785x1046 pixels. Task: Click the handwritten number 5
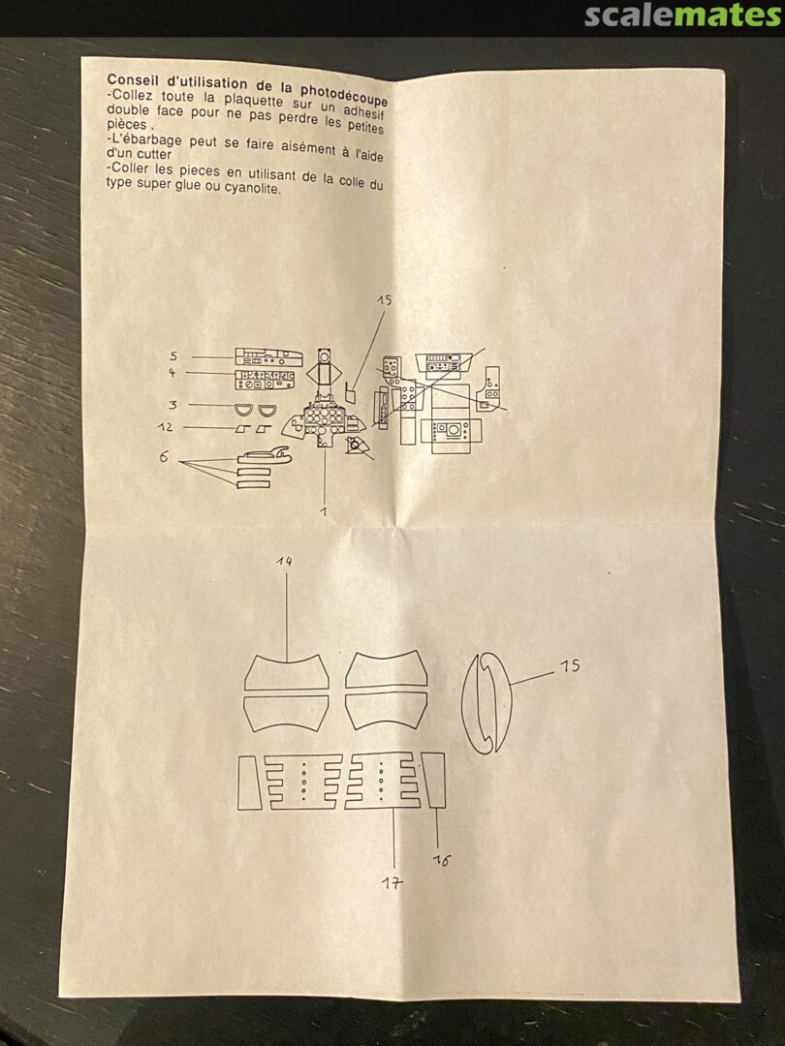pyautogui.click(x=173, y=356)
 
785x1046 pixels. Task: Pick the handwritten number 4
pyautogui.click(x=173, y=372)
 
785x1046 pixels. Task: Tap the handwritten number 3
pyautogui.click(x=173, y=405)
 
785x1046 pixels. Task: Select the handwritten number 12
pyautogui.click(x=166, y=427)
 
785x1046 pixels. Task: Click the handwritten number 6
pyautogui.click(x=164, y=457)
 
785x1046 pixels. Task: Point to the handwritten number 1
pyautogui.click(x=324, y=511)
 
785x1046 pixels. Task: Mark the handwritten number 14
pyautogui.click(x=284, y=562)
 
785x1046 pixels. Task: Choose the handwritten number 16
pyautogui.click(x=441, y=861)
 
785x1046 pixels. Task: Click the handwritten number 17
pyautogui.click(x=392, y=883)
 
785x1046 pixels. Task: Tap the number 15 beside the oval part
pyautogui.click(x=570, y=665)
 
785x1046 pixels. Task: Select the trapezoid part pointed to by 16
pyautogui.click(x=434, y=780)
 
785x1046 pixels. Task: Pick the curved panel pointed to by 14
pyautogui.click(x=286, y=672)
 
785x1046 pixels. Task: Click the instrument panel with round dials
pyautogui.click(x=324, y=421)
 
